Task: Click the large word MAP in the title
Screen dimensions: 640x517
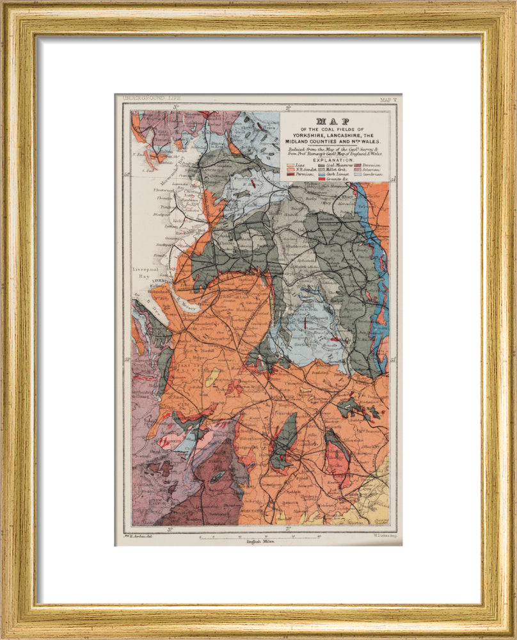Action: [x=333, y=122]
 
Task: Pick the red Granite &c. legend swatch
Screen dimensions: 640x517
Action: [x=322, y=179]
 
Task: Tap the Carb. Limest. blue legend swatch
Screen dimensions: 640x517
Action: [x=322, y=174]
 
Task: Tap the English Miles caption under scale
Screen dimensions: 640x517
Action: [x=260, y=541]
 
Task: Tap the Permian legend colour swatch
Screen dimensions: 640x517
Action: [x=290, y=174]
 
